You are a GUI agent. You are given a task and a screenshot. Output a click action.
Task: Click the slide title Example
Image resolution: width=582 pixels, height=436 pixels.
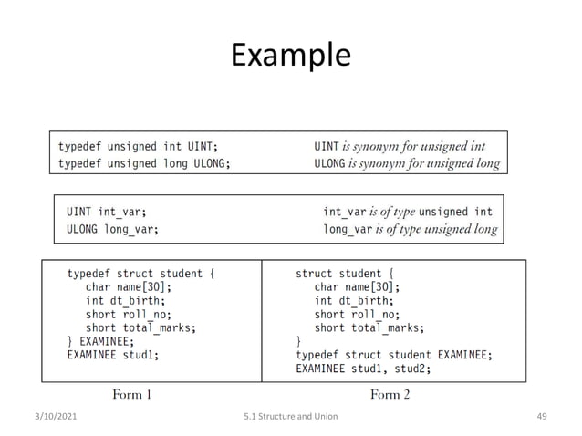290,56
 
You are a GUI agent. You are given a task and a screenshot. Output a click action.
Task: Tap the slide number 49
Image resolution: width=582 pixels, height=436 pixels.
541,417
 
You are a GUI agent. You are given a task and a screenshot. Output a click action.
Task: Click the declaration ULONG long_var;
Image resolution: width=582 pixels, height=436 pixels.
112,229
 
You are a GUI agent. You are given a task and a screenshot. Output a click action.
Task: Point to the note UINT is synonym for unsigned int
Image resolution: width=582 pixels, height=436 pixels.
400,146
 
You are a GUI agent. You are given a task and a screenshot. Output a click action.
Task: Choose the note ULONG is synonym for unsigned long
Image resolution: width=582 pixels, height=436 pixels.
407,164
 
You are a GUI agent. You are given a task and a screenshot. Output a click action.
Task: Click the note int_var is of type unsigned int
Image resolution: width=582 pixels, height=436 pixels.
408,212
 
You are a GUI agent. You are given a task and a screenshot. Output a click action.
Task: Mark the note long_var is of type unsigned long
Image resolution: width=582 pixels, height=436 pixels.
411,229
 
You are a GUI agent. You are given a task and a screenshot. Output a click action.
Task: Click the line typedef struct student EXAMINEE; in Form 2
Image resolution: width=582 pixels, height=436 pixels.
394,355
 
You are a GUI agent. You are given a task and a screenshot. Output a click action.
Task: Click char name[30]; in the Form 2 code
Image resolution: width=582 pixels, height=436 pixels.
357,286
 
